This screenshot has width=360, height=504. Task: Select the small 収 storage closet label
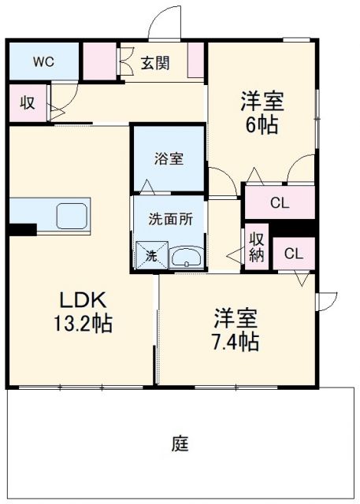[x=28, y=103]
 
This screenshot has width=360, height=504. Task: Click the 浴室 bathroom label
[x=169, y=158]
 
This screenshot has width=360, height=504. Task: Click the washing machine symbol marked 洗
[x=150, y=254]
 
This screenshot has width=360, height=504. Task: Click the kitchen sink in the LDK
[x=72, y=214]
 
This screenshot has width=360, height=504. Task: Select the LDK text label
[x=78, y=300]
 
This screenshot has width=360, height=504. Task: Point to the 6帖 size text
[x=262, y=124]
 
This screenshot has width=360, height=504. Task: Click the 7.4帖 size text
[x=236, y=343]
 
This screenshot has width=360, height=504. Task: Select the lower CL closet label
[x=293, y=254]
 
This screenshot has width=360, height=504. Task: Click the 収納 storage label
[x=257, y=247]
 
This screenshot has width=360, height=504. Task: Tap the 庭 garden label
[x=180, y=443]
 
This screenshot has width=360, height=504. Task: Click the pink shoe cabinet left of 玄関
[x=100, y=61]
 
